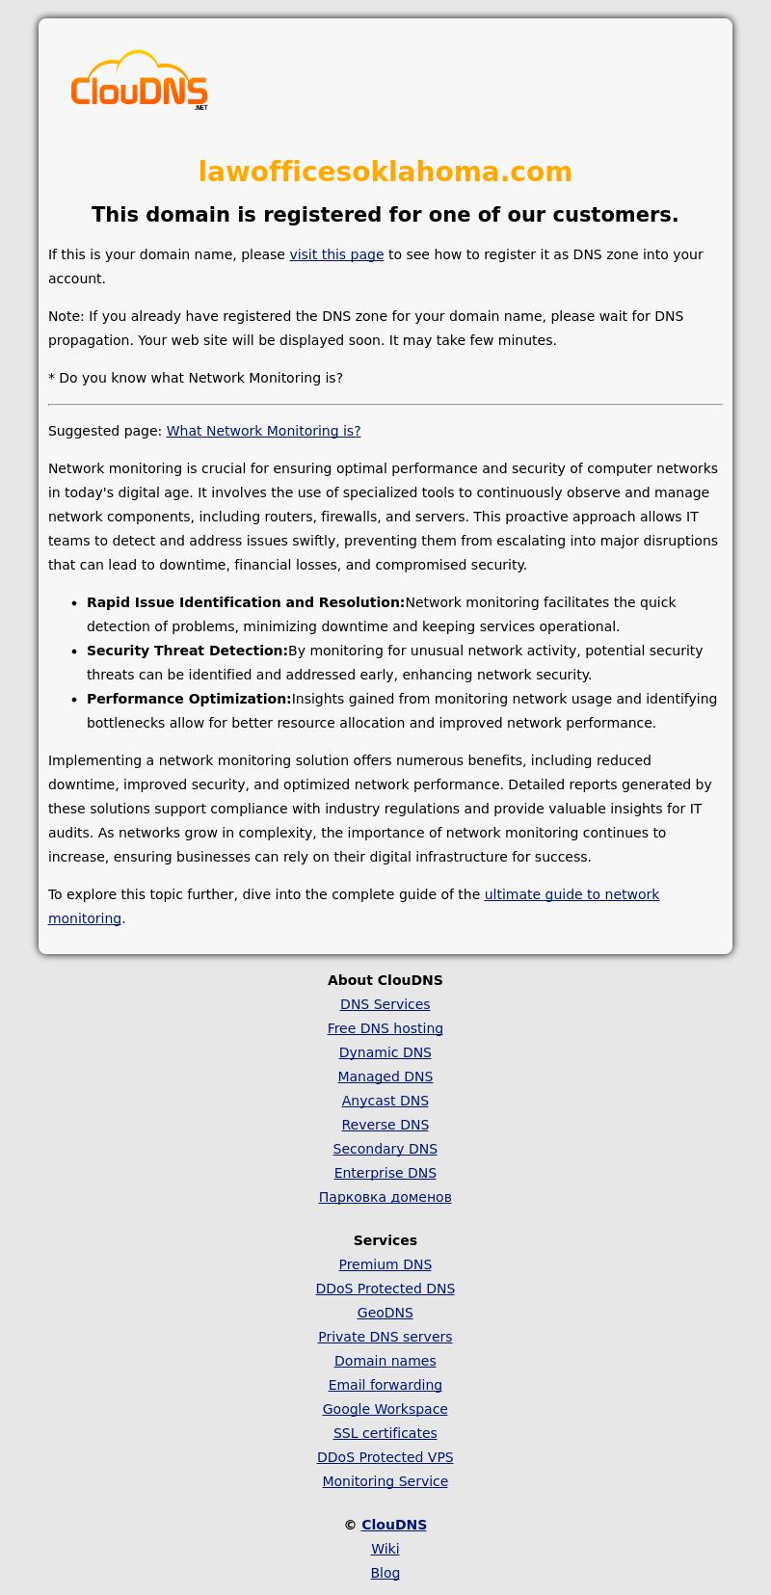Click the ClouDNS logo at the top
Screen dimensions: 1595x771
click(139, 81)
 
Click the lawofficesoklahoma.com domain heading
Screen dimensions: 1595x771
click(385, 172)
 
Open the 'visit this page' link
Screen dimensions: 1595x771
click(336, 254)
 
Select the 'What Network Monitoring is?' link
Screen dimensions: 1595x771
click(263, 431)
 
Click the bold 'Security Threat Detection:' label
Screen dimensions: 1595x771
click(187, 651)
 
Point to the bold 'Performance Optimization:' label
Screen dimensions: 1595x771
click(189, 699)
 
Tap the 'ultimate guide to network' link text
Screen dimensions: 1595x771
click(572, 894)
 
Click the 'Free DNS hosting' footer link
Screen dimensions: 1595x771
click(385, 1028)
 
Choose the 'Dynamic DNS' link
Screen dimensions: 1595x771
click(385, 1052)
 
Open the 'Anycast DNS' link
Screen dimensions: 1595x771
click(385, 1101)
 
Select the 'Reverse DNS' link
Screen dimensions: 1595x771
click(385, 1125)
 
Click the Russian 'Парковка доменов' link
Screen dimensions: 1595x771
click(385, 1197)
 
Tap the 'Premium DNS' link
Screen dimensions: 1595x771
click(385, 1264)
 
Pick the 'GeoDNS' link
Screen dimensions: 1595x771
click(385, 1313)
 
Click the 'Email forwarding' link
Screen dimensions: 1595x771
click(385, 1385)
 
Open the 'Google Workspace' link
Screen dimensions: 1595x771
click(385, 1409)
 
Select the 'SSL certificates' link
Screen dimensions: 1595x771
click(385, 1433)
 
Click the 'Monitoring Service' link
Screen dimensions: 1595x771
click(385, 1481)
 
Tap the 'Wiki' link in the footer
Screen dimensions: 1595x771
click(385, 1549)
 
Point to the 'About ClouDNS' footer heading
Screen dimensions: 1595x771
click(385, 980)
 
